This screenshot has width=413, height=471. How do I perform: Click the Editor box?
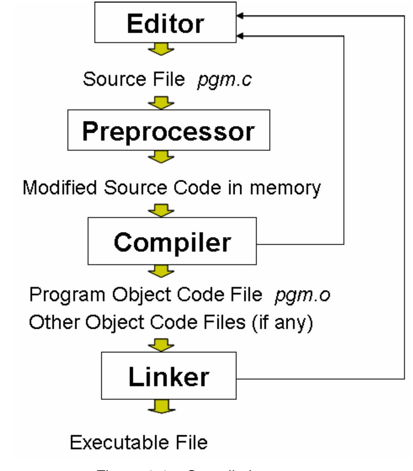165,22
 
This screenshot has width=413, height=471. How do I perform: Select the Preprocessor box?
169,130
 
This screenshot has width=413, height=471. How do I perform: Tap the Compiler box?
172,241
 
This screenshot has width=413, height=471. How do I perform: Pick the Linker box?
169,376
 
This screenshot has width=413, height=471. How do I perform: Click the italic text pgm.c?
224,80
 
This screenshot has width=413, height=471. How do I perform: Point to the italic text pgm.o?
302,295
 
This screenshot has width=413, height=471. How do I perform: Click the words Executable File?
139,442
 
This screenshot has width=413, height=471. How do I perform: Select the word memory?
285,188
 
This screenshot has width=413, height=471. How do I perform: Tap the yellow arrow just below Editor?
161,49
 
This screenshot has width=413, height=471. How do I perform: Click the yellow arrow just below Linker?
161,406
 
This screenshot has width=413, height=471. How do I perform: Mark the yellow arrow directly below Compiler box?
161,271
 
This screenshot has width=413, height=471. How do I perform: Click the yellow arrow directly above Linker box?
161,345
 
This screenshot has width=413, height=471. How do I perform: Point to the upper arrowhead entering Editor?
240,16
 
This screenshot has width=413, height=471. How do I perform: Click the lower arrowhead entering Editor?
240,36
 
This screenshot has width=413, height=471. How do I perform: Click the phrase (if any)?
282,322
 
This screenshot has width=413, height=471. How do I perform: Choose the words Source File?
134,80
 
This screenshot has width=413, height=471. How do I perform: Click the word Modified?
60,188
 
